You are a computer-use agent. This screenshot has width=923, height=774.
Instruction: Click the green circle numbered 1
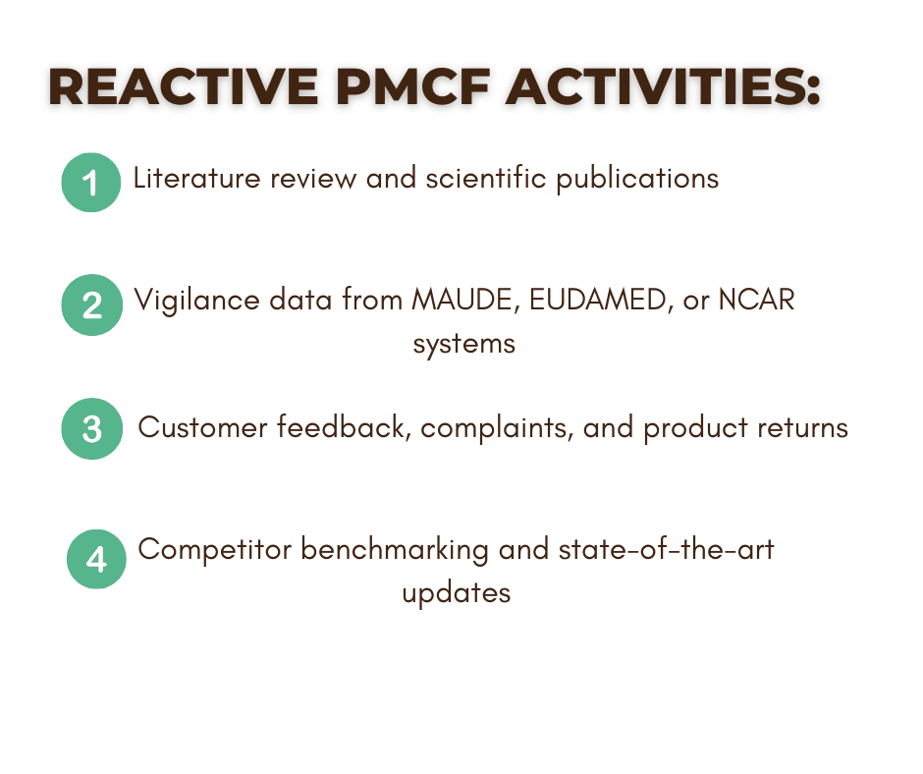[x=91, y=183]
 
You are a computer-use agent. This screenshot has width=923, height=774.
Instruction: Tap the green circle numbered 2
[x=92, y=305]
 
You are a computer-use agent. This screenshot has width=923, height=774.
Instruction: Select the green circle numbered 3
[x=92, y=429]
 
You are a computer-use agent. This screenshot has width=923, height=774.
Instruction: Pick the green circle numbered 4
[x=96, y=559]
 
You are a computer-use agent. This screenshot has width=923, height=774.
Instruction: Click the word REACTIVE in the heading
[x=184, y=86]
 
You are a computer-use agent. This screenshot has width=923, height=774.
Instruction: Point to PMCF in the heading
[x=413, y=86]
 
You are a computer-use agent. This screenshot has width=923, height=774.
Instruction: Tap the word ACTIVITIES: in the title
[x=663, y=86]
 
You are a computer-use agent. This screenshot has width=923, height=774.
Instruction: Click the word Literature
[x=196, y=178]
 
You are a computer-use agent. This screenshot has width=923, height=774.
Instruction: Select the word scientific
[x=486, y=178]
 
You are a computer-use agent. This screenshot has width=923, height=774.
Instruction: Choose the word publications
[x=637, y=179]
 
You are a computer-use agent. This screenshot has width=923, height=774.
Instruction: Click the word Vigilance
[x=196, y=301]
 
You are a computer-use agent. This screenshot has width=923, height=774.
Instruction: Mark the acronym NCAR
[x=756, y=300]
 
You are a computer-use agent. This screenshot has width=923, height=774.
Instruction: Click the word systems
[x=463, y=345]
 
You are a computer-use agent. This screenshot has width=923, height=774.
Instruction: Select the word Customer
[x=202, y=427]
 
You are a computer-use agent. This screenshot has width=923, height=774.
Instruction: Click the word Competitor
[x=214, y=550]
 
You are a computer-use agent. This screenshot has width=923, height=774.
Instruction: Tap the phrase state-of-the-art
[x=666, y=549]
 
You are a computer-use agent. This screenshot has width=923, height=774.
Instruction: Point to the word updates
[x=457, y=593]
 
